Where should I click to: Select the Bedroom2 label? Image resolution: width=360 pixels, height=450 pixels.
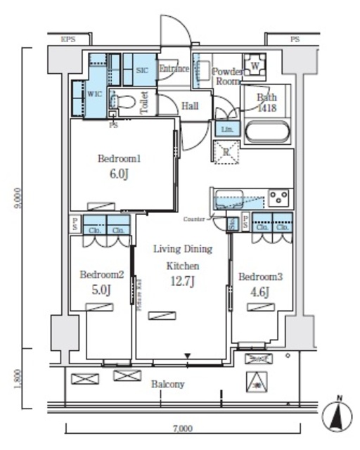(x=101, y=274)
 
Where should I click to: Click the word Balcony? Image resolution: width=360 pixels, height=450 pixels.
(x=167, y=384)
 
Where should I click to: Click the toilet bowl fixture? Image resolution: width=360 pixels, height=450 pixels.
(x=126, y=102)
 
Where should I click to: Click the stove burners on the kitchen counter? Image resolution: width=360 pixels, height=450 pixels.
(x=279, y=198)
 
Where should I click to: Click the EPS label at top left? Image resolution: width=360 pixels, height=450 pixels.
(x=68, y=39)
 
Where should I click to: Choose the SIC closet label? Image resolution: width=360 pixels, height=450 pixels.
(x=141, y=70)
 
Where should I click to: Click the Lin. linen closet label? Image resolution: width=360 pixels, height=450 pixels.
(x=226, y=129)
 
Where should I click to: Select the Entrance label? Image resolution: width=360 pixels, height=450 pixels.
(x=174, y=69)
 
